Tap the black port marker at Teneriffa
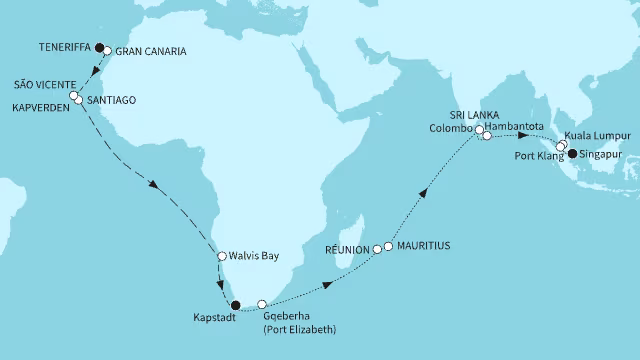(x=99, y=45)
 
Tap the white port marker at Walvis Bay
(x=221, y=257)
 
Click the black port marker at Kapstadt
(x=234, y=305)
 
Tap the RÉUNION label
(x=347, y=248)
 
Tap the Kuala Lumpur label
(x=600, y=134)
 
